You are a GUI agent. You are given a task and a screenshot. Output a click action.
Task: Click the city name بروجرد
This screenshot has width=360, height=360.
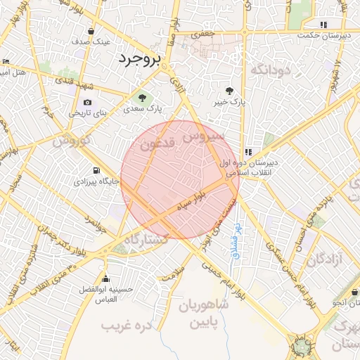pyautogui.click(x=140, y=58)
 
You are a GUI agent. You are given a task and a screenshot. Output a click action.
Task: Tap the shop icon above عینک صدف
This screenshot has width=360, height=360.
pyautogui.click(x=91, y=31)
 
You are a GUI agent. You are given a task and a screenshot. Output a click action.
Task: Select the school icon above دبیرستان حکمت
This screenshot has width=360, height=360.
pyautogui.click(x=323, y=25)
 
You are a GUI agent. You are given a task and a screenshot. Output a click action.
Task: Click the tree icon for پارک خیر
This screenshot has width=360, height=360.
pyautogui.click(x=229, y=90)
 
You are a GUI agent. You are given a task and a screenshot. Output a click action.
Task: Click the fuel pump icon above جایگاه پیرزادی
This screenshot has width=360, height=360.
pyautogui.click(x=96, y=170)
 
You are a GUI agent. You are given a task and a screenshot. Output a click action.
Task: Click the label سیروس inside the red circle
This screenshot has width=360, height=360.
pyautogui.click(x=203, y=136)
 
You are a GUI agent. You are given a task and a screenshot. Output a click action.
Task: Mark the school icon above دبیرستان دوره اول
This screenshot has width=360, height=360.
pyautogui.click(x=248, y=151)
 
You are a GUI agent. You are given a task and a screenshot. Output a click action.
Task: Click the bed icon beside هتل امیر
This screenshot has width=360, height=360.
pyautogui.click(x=6, y=62)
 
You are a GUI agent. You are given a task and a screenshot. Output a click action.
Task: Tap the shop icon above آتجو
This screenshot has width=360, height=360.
pyautogui.click(x=349, y=292)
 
